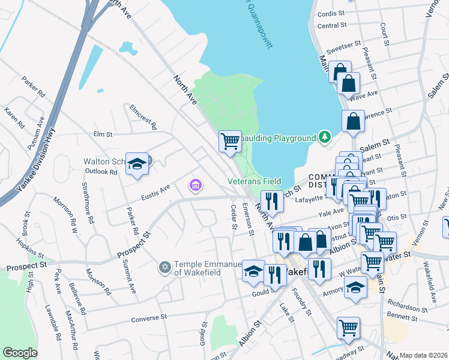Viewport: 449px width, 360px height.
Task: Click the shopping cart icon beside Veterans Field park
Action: (230, 142)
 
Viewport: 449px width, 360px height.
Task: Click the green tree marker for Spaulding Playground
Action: (324, 137)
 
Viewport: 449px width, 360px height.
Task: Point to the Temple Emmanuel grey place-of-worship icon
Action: (165, 266)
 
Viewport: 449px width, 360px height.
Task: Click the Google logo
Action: (20, 353)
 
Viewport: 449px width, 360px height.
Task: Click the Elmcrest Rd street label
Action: (143, 116)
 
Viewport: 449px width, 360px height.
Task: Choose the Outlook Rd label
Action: (101, 172)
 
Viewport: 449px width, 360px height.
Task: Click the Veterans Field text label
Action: (255, 181)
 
